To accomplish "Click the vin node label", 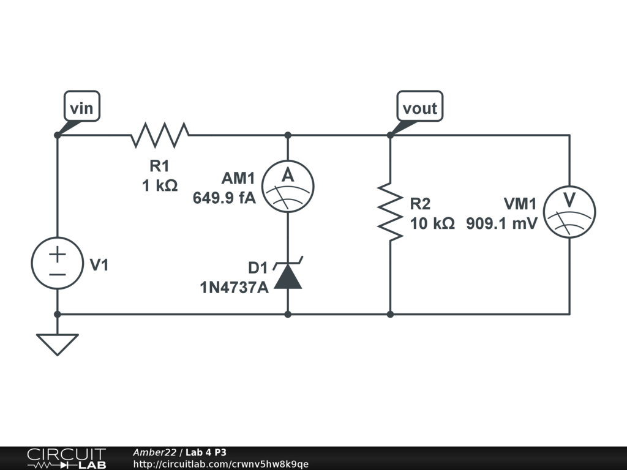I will (81, 108).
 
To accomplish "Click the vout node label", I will (419, 108).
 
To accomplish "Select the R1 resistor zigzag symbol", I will (160, 135).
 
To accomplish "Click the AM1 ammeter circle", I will (288, 187).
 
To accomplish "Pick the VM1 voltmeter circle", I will (569, 211).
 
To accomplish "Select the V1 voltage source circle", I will (57, 263).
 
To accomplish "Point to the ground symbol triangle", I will (57, 343).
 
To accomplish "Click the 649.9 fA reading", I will (224, 198).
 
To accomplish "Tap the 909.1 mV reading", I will (501, 223).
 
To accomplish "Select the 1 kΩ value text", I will (160, 185).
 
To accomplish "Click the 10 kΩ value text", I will (432, 223).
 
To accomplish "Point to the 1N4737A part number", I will (234, 287).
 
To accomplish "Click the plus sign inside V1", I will (57, 254).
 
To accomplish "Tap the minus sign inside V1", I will (57, 274).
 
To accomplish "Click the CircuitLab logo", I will (66, 458).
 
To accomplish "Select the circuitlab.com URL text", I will (220, 464).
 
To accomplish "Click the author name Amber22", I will (154, 452).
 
